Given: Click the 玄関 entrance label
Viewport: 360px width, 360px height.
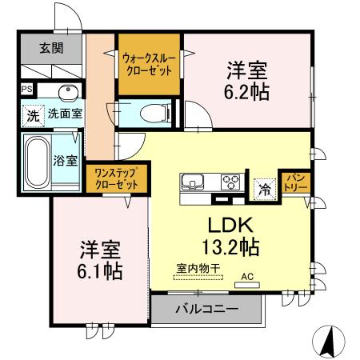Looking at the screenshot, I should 50,47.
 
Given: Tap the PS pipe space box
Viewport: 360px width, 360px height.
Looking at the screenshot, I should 27,89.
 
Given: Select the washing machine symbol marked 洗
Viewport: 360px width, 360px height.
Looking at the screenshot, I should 33,114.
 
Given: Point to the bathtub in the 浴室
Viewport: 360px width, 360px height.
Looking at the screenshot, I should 37,159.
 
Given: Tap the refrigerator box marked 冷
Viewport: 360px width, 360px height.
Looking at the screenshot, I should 262,189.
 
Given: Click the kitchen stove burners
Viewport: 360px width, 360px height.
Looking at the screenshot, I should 230,180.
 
